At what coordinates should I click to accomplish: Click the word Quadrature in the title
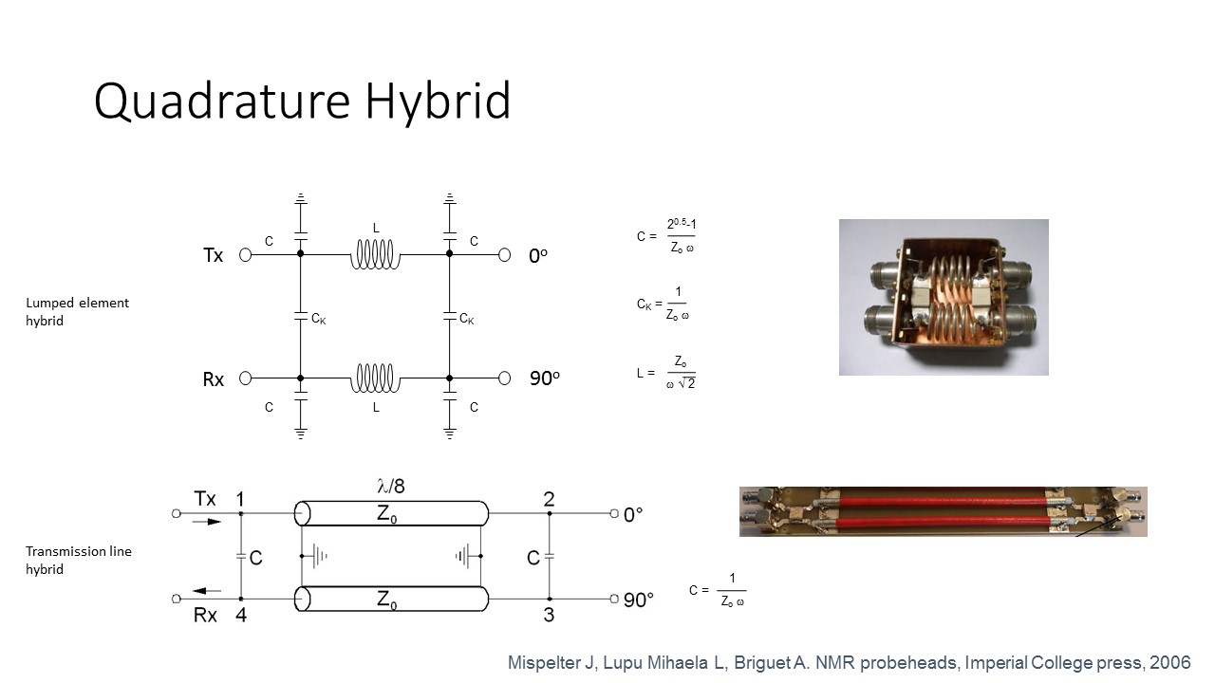click(222, 101)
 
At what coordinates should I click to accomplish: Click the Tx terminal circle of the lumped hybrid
click(245, 255)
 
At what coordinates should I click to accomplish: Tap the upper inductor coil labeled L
click(375, 254)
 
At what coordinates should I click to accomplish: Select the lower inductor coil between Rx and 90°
click(375, 378)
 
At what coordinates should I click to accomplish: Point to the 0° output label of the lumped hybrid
click(538, 256)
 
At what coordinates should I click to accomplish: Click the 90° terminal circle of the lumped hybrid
click(504, 378)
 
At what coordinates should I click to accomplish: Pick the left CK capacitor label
click(318, 319)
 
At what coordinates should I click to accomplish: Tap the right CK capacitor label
click(466, 319)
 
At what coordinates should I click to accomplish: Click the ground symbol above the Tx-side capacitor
click(301, 198)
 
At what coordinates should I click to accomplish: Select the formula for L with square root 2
click(666, 373)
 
